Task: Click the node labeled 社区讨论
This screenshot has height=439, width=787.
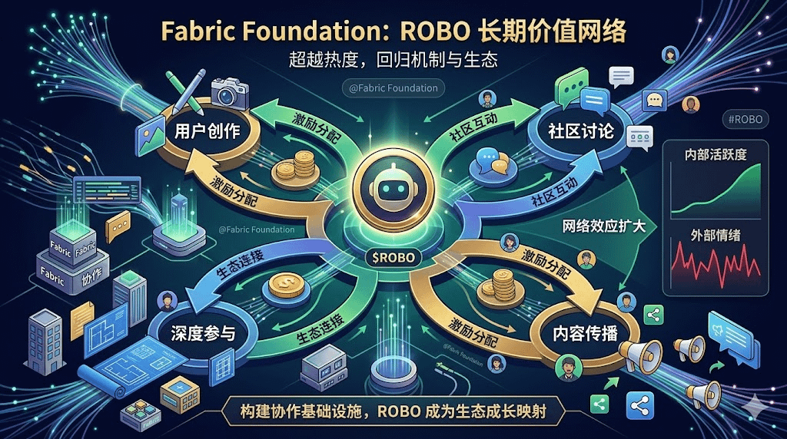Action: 581,131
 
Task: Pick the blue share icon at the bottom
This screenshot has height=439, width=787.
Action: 640,404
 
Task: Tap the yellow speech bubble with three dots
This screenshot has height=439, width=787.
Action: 119,223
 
